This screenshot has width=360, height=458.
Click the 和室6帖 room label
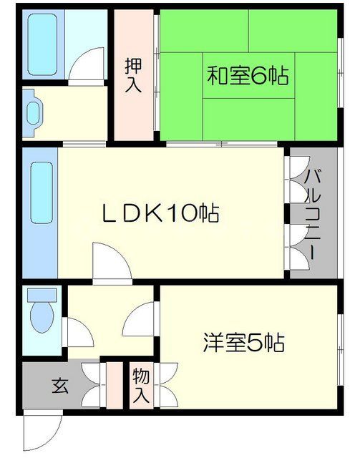click(x=242, y=75)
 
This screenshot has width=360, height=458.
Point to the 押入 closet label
click(x=134, y=75)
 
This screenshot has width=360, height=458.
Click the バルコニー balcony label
click(x=312, y=213)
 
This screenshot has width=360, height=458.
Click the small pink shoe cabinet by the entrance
click(x=111, y=386)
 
